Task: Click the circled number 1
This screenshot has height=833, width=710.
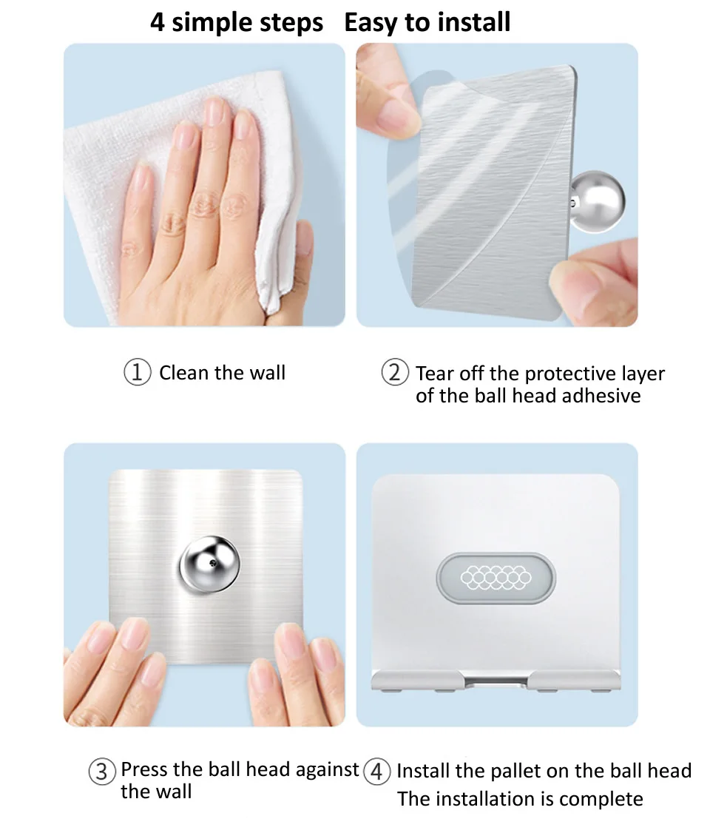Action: [137, 372]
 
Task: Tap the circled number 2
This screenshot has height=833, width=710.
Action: [394, 372]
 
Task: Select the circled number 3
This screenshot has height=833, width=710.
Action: [101, 772]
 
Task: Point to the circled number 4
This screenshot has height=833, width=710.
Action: [376, 772]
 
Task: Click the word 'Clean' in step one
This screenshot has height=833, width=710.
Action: [183, 373]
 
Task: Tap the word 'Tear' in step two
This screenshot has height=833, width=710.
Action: [435, 374]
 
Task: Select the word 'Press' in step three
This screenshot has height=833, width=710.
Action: [145, 769]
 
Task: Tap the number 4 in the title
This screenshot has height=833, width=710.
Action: [158, 22]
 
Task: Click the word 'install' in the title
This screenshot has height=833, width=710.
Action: [474, 21]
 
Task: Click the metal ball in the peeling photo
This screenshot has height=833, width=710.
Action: [597, 201]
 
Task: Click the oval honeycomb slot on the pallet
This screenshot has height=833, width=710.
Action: [496, 578]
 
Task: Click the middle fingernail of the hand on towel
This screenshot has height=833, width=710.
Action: [214, 112]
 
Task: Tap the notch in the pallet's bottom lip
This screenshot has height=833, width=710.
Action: [496, 681]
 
